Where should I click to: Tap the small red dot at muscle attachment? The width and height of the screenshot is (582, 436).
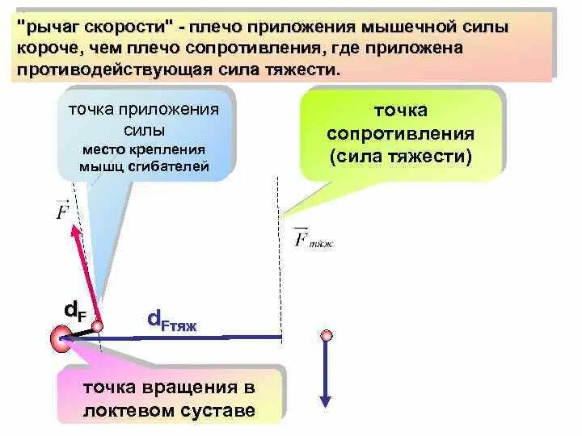click(97, 326)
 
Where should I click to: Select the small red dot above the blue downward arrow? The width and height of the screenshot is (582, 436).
click(326, 335)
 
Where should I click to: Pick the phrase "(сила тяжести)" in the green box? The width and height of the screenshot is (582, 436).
click(400, 155)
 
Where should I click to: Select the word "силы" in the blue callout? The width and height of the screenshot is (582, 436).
click(145, 130)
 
